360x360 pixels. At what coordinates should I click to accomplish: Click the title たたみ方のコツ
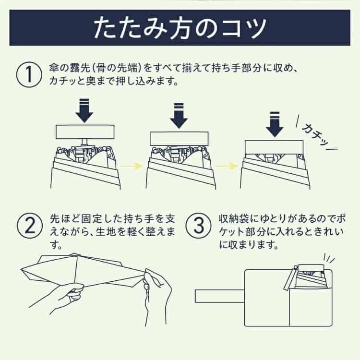(180, 28)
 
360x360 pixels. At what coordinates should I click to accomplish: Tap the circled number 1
(29, 74)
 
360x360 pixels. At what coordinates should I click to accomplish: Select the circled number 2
(30, 225)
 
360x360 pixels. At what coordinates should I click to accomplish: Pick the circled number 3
(198, 225)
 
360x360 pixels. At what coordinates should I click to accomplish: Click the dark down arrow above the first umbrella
(84, 110)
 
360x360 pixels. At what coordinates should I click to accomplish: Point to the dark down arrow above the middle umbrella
(179, 116)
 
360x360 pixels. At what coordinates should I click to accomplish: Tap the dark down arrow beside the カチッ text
(275, 124)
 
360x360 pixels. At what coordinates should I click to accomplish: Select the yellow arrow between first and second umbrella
(132, 166)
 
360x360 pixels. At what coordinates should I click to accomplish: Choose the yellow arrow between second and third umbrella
(227, 166)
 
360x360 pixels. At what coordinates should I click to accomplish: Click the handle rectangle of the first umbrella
(85, 132)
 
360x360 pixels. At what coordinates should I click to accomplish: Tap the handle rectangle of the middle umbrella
(179, 139)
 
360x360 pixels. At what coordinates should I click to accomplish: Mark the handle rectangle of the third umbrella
(274, 147)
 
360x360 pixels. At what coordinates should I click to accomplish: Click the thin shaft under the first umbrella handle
(84, 142)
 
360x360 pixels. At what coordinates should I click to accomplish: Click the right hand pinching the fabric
(156, 296)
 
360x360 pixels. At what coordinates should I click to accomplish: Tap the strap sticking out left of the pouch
(220, 296)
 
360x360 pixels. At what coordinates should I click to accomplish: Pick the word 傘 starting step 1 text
(54, 68)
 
